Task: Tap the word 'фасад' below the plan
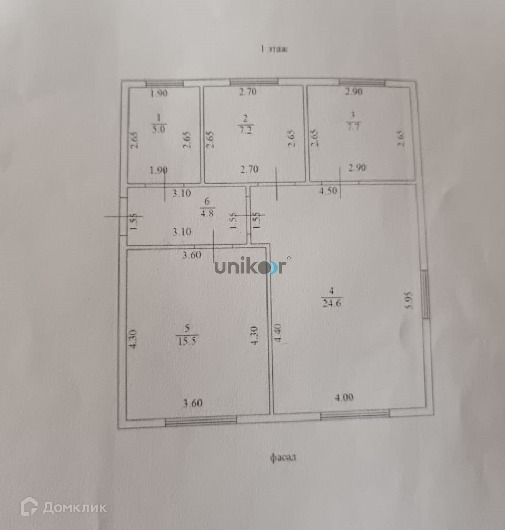click(283, 457)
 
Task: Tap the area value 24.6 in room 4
click(332, 302)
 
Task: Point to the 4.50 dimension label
click(328, 191)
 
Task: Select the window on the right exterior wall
click(425, 295)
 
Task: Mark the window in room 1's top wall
click(164, 83)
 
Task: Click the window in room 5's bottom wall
click(201, 420)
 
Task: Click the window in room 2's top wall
click(253, 82)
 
